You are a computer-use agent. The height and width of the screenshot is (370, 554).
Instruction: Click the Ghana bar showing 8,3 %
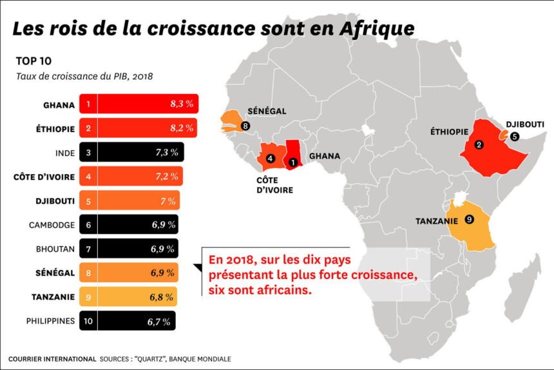tap(138, 103)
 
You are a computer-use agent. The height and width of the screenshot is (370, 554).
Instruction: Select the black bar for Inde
tap(132, 152)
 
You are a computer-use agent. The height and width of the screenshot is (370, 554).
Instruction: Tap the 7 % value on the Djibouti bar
tap(168, 201)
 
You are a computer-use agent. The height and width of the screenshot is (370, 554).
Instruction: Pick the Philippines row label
tap(51, 320)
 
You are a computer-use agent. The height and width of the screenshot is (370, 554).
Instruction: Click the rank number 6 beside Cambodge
tap(88, 225)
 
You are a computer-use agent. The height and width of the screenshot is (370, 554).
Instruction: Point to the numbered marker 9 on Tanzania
tap(468, 220)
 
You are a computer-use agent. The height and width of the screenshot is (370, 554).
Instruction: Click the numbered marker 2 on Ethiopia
tap(479, 145)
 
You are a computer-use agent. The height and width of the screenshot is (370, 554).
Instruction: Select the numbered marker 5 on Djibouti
tap(514, 136)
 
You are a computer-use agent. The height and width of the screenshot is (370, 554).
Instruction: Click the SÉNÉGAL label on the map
tap(265, 112)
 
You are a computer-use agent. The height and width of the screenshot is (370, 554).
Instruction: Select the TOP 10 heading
tap(33, 62)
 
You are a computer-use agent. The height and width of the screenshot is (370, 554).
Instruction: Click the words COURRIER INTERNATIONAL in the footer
tap(52, 358)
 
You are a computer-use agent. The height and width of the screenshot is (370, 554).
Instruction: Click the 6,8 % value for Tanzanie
tap(162, 297)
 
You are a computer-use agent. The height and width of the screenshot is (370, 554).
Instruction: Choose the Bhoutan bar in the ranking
tap(129, 249)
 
